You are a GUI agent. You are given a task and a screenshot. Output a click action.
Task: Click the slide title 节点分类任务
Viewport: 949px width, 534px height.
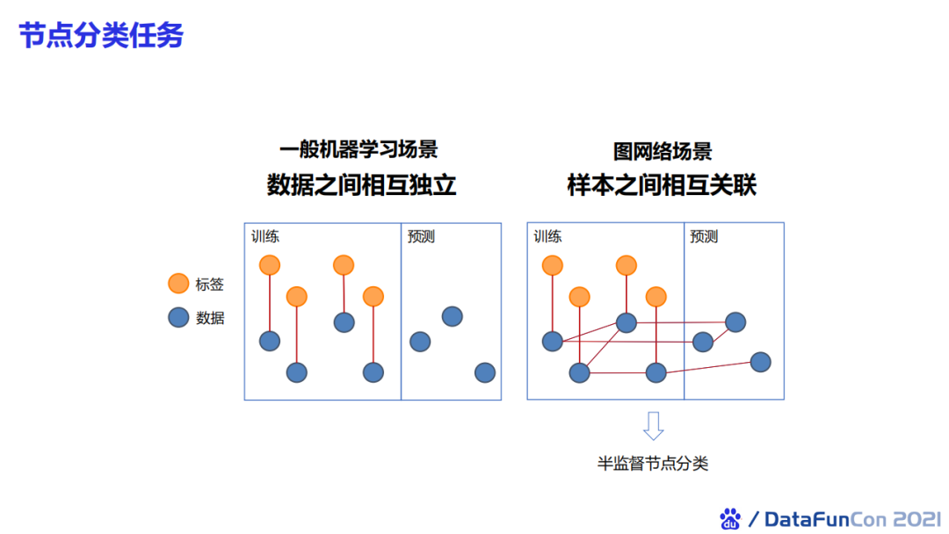coord(102,36)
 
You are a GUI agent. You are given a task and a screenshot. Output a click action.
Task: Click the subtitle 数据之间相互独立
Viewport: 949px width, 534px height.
coord(361,185)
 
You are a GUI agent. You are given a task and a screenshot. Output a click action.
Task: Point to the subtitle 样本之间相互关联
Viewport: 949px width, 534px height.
coord(662,185)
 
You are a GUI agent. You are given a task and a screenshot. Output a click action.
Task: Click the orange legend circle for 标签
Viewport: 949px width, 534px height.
coord(178,284)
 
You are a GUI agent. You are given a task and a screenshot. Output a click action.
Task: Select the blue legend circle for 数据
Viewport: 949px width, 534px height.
coord(178,317)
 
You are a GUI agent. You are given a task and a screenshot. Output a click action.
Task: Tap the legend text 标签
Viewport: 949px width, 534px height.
coord(210,285)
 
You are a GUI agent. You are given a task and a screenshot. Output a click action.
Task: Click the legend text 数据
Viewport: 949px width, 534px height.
coord(210,318)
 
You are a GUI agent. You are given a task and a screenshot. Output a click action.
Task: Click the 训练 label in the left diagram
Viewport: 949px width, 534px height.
coord(265,236)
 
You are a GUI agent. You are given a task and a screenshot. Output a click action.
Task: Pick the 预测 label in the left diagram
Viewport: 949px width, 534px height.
coord(421,236)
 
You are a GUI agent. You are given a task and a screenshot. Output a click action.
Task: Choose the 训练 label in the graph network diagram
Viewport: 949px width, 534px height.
coord(547,236)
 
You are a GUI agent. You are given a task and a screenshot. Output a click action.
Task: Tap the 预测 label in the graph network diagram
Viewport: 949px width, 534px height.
coord(704,236)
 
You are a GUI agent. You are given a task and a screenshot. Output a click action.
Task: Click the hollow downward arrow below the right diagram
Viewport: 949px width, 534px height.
coord(653,426)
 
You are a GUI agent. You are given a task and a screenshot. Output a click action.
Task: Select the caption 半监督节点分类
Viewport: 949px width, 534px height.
coord(653,464)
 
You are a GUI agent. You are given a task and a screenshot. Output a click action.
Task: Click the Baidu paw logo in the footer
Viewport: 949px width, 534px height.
coord(730,518)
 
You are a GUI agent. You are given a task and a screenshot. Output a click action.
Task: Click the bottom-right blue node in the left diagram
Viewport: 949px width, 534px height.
coord(485,372)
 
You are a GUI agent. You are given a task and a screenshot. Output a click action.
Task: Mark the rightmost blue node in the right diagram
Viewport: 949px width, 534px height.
coord(761,362)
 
